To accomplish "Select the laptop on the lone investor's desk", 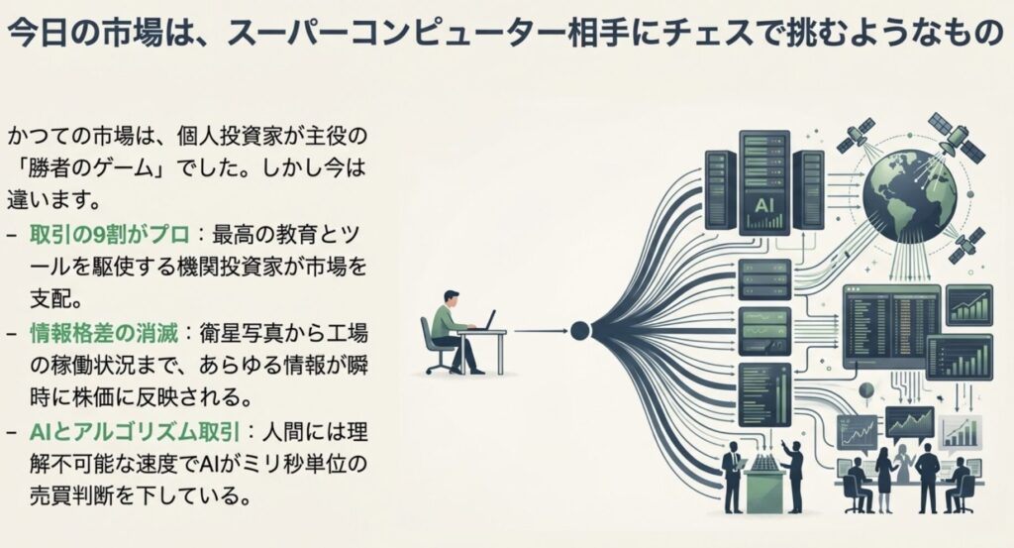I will [x=485, y=320].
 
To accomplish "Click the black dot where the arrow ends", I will [x=580, y=331].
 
